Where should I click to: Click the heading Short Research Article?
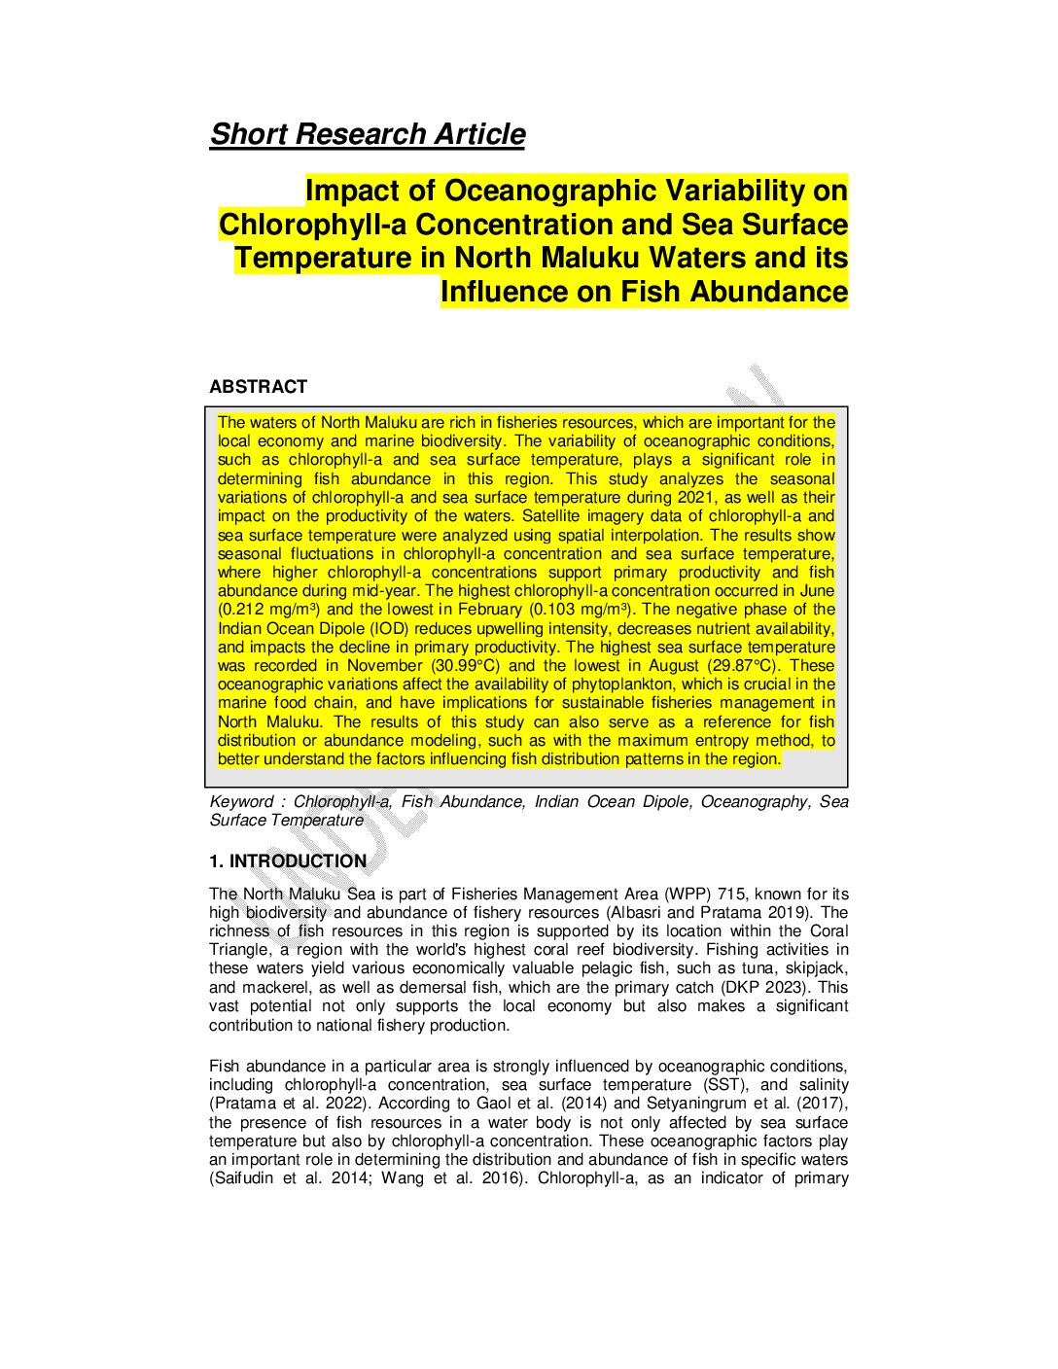click(368, 134)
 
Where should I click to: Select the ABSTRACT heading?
click(258, 387)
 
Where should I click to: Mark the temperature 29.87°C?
click(743, 666)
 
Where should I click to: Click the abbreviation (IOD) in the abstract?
click(386, 628)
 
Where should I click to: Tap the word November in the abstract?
click(385, 666)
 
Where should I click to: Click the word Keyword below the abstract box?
click(242, 802)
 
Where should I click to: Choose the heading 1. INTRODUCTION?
click(288, 861)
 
